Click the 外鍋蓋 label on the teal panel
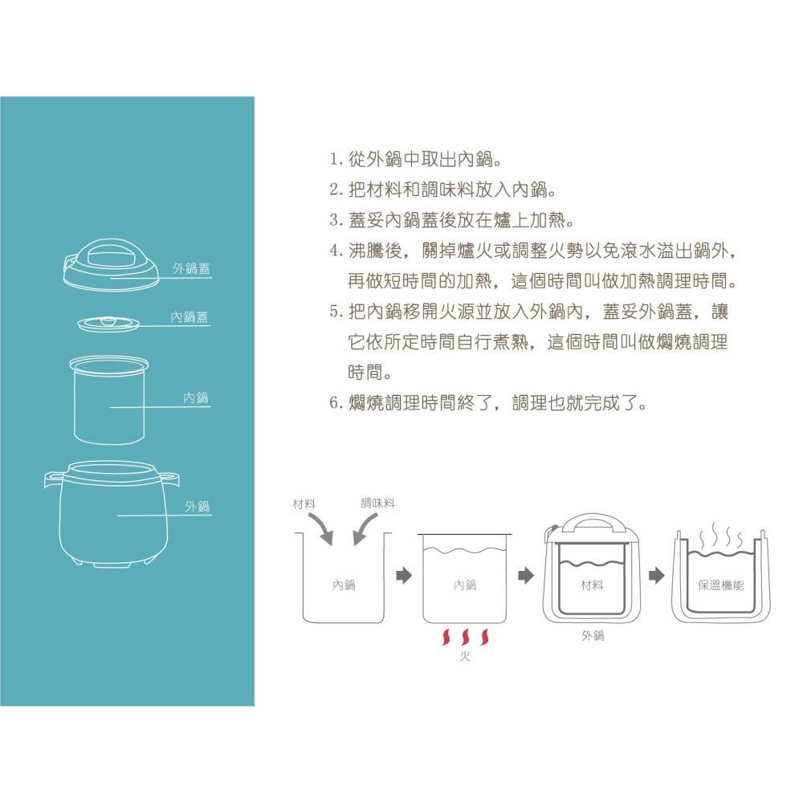(x=191, y=268)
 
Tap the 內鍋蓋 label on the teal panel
(x=190, y=317)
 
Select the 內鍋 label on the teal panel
(x=196, y=398)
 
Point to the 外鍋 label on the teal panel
(x=198, y=507)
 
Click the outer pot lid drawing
(x=111, y=264)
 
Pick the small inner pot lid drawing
(x=108, y=324)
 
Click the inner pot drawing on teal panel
(x=108, y=400)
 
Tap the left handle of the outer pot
(x=53, y=479)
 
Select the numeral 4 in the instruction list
(x=336, y=251)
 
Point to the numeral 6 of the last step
(x=336, y=403)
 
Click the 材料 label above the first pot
(x=304, y=504)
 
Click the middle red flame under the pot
(x=466, y=637)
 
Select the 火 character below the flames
(x=465, y=657)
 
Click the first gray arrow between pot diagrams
(x=404, y=576)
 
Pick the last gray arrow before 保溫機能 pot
(x=657, y=576)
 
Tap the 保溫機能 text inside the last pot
(x=720, y=585)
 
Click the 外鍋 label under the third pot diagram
(x=593, y=636)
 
